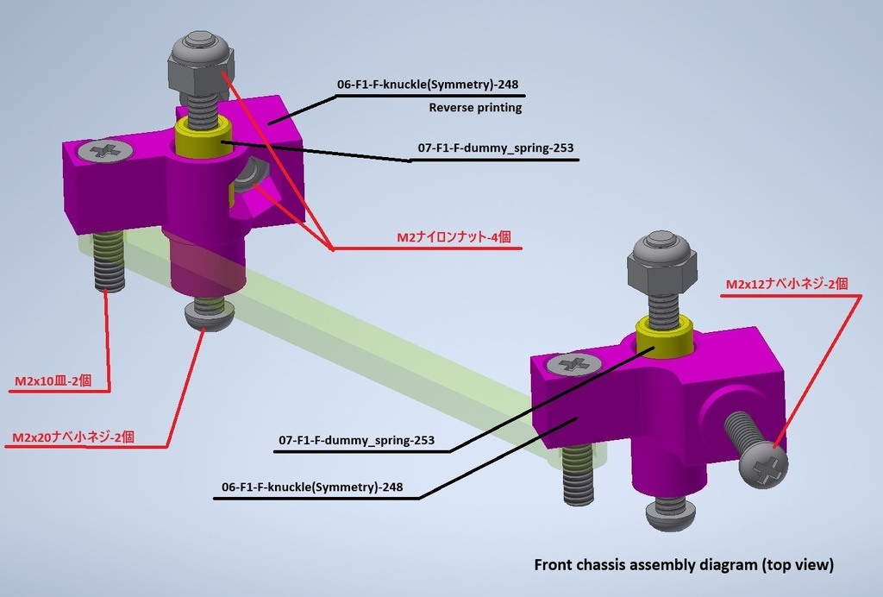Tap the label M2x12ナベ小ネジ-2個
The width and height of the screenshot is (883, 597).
click(786, 284)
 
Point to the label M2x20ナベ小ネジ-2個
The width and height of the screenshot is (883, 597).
click(73, 437)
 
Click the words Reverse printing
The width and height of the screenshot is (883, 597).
click(475, 108)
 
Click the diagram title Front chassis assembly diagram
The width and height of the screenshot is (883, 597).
click(684, 566)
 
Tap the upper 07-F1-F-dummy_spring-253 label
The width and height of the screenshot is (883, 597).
click(495, 148)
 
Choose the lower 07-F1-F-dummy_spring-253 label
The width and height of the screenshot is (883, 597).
click(355, 441)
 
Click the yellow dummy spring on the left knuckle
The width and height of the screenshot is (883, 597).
click(203, 138)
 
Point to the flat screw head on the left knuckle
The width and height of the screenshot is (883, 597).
click(105, 151)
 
